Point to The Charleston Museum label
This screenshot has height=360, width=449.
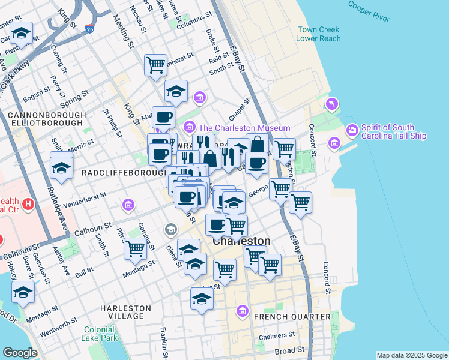pyautogui.click(x=244, y=128)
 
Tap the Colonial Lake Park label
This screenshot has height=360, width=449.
pyautogui.click(x=100, y=334)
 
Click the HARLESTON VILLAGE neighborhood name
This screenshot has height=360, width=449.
pyautogui.click(x=122, y=312)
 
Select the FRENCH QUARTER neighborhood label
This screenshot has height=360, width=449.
pyautogui.click(x=292, y=316)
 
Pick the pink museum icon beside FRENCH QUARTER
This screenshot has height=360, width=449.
pyautogui.click(x=243, y=311)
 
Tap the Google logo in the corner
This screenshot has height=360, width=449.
pyautogui.click(x=19, y=353)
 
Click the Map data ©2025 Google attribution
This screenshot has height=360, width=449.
pyautogui.click(x=411, y=355)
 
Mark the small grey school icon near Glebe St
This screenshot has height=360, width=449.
pyautogui.click(x=171, y=229)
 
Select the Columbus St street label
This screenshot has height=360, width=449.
pyautogui.click(x=191, y=19)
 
